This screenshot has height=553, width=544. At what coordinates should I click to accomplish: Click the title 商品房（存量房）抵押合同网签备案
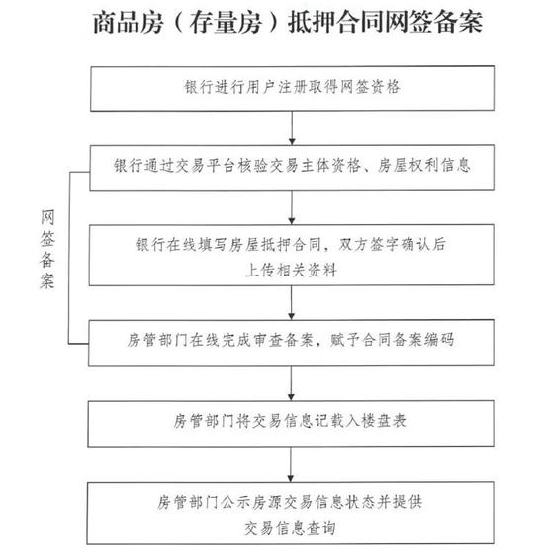(x=288, y=22)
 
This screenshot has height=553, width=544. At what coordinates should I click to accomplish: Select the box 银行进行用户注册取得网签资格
(x=292, y=89)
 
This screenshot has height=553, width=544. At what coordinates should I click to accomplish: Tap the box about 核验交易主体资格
(x=292, y=168)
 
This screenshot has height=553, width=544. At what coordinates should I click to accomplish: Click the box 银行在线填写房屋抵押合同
(x=292, y=256)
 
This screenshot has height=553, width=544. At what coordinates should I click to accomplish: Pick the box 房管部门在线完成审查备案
(x=291, y=343)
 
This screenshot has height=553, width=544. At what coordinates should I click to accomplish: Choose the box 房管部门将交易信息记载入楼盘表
(x=291, y=424)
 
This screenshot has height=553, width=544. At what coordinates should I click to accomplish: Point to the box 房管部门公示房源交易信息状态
(x=291, y=513)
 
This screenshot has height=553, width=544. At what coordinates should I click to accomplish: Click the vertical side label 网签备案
(x=47, y=250)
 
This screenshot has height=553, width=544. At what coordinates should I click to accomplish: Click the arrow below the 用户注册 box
(x=292, y=128)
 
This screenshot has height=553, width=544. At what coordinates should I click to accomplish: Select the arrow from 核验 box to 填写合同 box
(x=292, y=207)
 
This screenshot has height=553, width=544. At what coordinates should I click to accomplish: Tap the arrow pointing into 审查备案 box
(x=292, y=303)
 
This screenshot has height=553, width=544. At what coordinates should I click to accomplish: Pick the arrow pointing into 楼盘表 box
(x=291, y=383)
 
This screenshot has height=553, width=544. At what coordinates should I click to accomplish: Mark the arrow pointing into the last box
(x=291, y=465)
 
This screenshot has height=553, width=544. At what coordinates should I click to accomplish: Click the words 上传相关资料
(x=291, y=271)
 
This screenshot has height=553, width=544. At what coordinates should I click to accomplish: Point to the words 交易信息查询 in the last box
(x=290, y=528)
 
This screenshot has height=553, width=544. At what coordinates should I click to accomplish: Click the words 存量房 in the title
(x=226, y=22)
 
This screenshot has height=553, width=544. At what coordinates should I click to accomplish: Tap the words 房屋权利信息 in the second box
(x=424, y=166)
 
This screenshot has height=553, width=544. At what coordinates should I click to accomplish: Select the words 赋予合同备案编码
(x=392, y=340)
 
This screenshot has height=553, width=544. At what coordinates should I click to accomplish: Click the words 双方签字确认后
(x=392, y=245)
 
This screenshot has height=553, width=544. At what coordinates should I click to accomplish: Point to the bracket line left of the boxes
(x=69, y=258)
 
